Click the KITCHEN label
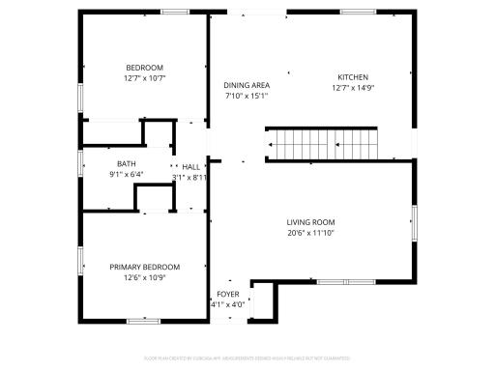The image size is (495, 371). click(352, 77)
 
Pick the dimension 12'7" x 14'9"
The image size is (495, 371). click(352, 88)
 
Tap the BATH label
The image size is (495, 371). click(127, 163)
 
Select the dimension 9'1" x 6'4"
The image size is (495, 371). click(127, 174)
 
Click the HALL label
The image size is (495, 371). click(190, 167)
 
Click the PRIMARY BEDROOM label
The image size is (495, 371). click(144, 267)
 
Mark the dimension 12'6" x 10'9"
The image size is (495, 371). click(144, 277)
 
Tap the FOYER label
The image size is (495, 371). click(227, 294)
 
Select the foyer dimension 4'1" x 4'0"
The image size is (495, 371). click(227, 304)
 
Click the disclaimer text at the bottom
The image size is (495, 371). click(247, 358)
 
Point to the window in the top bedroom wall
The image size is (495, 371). click(175, 12)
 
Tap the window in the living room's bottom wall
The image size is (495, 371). click(343, 283)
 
